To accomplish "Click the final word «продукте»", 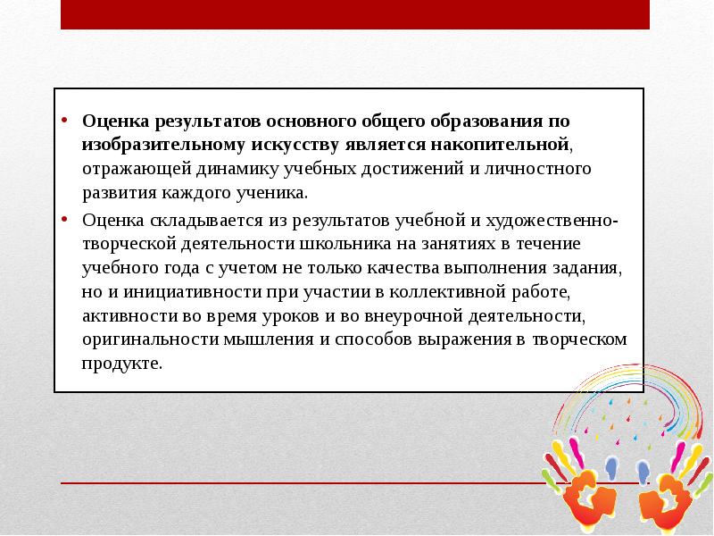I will (122, 364).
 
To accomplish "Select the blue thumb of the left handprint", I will (611, 465).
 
